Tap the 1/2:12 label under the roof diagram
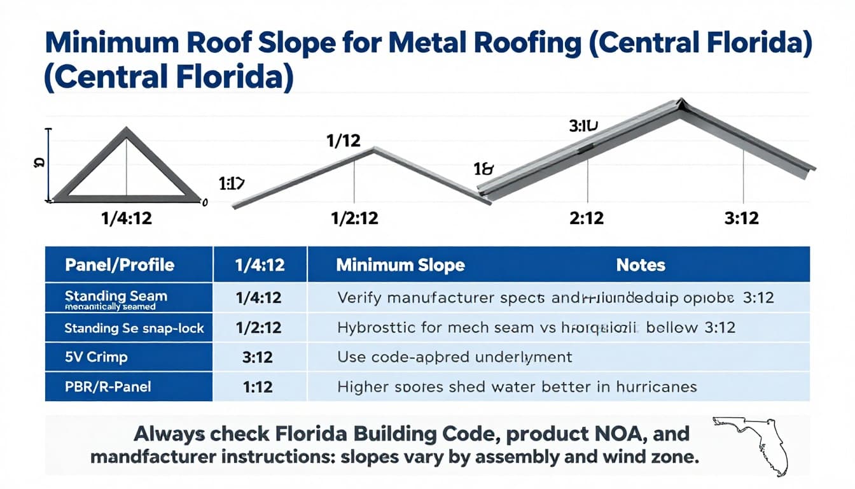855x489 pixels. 354,218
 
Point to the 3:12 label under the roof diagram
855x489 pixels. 742,218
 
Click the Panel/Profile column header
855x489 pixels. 120,265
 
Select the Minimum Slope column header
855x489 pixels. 400,265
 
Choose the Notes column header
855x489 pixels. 641,265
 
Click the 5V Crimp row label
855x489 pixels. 96,357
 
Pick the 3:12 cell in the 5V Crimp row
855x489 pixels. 258,357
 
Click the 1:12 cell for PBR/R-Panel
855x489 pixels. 258,386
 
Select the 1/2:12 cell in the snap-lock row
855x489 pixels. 258,328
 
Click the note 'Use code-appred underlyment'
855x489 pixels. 455,357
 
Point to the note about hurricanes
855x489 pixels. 517,386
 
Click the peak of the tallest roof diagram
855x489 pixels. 681,102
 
